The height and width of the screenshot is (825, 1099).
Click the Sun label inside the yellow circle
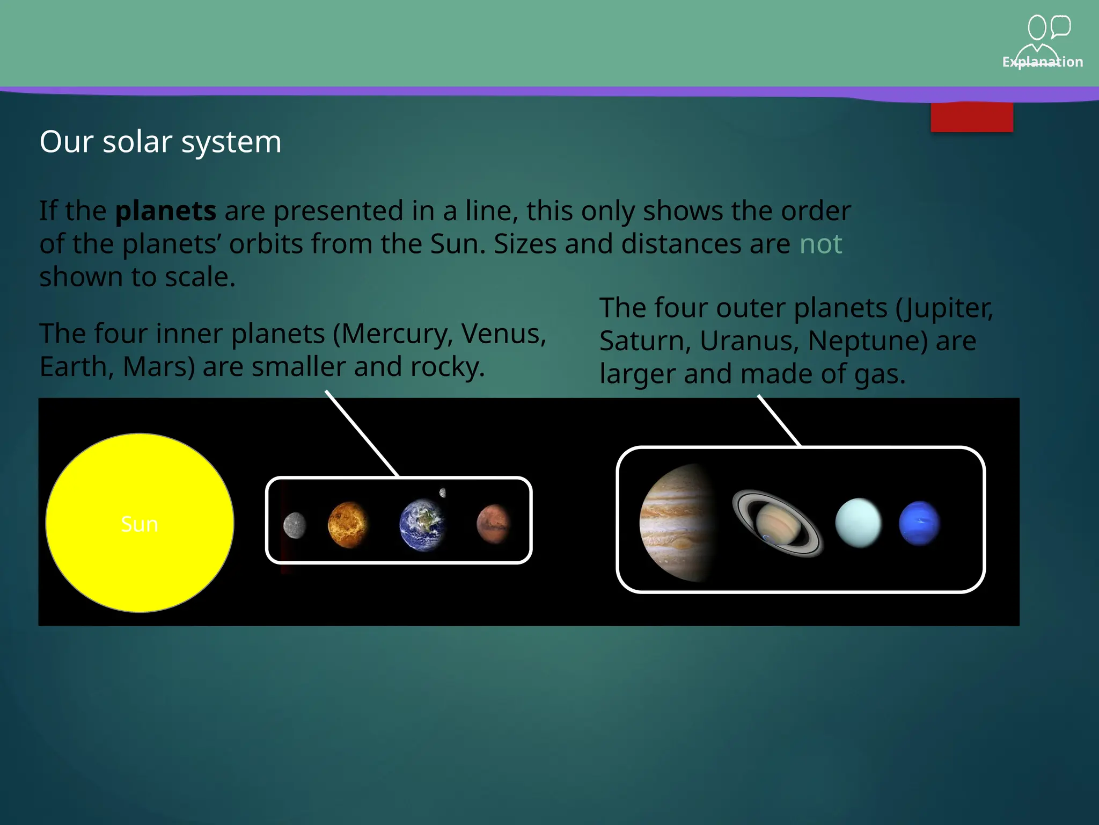[140, 524]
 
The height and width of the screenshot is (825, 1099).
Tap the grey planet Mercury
[295, 525]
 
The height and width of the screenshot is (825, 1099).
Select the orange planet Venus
[348, 525]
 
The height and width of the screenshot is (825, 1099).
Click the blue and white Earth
[422, 525]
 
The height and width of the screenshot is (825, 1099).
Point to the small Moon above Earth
[443, 493]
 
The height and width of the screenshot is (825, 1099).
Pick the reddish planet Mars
[493, 524]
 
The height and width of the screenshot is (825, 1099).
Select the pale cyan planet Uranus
[858, 523]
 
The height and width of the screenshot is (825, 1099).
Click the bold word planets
[166, 211]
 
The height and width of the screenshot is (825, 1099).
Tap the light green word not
[820, 244]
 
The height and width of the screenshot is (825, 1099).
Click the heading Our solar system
[160, 142]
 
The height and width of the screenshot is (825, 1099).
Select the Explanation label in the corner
[1042, 62]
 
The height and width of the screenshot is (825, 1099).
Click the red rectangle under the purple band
[972, 117]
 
